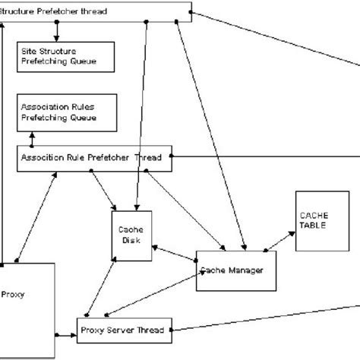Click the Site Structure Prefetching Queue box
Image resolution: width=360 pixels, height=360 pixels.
point(65,55)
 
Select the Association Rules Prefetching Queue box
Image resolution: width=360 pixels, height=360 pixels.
point(66,112)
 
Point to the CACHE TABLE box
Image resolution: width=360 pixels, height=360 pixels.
point(318,221)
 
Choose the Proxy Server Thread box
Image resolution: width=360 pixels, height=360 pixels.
point(125,330)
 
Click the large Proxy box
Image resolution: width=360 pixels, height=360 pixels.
point(27,308)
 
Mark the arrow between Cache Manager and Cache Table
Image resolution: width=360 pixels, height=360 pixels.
point(282,240)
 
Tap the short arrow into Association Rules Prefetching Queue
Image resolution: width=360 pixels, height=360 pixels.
point(33,138)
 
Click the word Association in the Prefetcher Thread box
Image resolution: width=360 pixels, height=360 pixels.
point(41,158)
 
